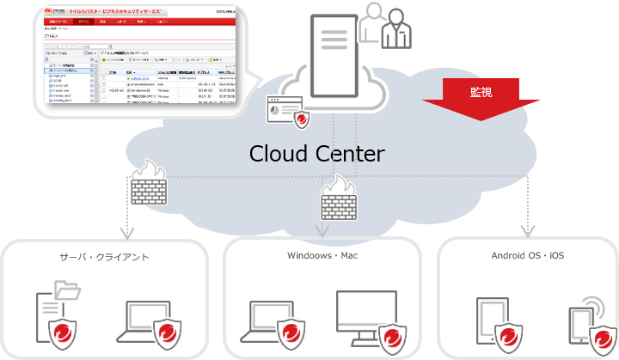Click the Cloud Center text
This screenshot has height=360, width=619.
pos(316,154)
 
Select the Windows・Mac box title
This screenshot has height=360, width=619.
pos(322,256)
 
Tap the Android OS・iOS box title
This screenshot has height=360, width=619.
pos(529,256)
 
